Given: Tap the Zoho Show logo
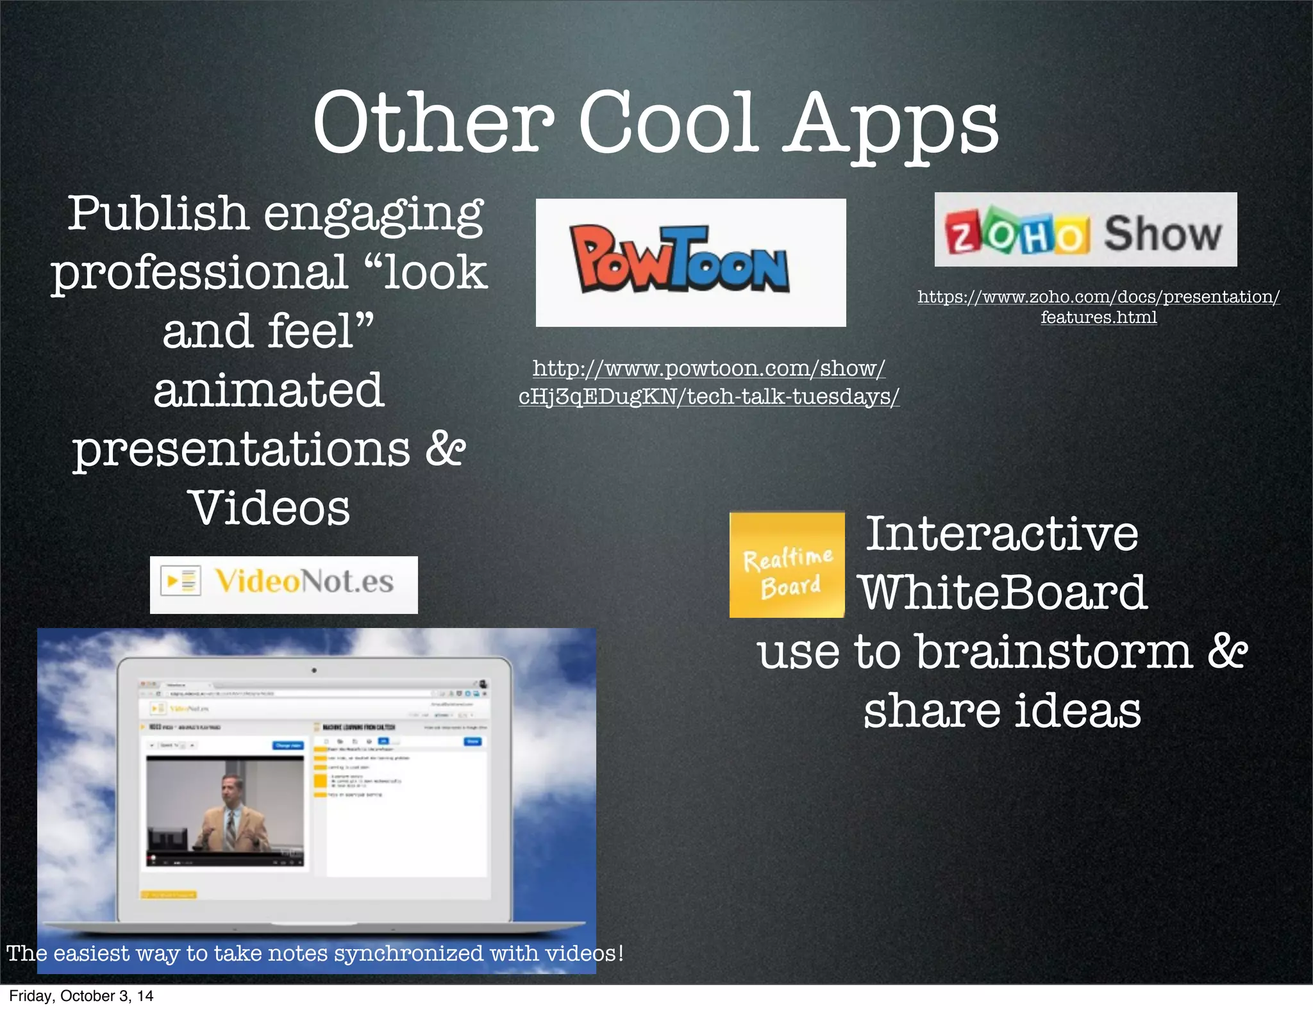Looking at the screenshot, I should coord(1085,230).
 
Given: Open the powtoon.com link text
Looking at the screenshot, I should coord(708,383).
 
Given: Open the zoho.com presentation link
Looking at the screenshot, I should coord(1098,306).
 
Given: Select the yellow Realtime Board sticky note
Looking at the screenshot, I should coord(787,565).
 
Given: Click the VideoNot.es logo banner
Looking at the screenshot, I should coord(283,584).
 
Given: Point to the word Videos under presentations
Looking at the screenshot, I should coord(270,508).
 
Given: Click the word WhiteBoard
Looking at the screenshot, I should coord(1003,593).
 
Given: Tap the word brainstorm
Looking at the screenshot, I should coord(1054,652).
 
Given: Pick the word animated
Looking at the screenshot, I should coord(269,390).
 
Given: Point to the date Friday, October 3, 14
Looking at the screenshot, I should coord(81,996).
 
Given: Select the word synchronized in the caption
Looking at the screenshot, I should coord(408,954).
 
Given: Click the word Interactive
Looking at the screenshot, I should coord(1002,533).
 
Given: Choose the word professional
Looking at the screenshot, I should coord(199,272).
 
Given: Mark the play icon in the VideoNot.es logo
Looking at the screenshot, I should coord(172,581).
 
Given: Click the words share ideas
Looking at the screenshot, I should coord(1002,711).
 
